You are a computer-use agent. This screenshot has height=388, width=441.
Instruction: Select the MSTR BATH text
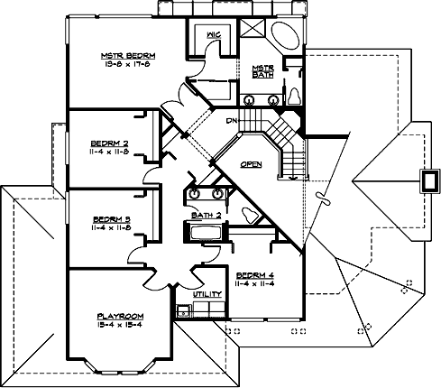pos(262,70)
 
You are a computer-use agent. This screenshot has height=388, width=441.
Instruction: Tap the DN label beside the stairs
pos(231,119)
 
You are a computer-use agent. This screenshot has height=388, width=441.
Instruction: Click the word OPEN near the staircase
pos(252,164)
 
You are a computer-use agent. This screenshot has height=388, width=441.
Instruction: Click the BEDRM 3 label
pos(113,218)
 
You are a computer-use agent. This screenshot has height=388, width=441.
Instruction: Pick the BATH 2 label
pos(207,216)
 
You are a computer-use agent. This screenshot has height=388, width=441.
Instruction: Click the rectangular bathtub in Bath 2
pos(208,233)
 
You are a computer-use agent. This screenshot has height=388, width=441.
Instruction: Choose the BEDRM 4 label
pos(254,274)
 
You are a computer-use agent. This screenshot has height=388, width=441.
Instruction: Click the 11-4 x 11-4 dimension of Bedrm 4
pos(254,284)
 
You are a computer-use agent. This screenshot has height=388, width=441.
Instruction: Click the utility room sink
pos(182,312)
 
